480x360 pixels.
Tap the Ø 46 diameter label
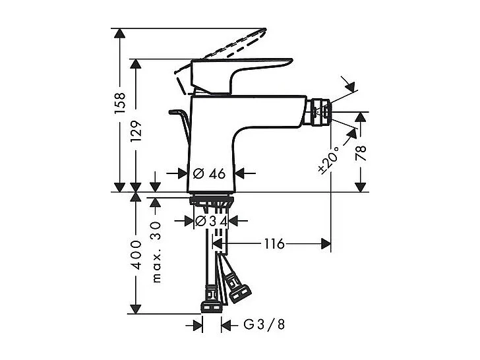(x=210, y=173)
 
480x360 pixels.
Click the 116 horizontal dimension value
(x=274, y=244)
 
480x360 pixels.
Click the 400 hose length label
(x=136, y=254)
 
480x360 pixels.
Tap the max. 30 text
(x=156, y=251)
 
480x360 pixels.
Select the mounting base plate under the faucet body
(x=211, y=200)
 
